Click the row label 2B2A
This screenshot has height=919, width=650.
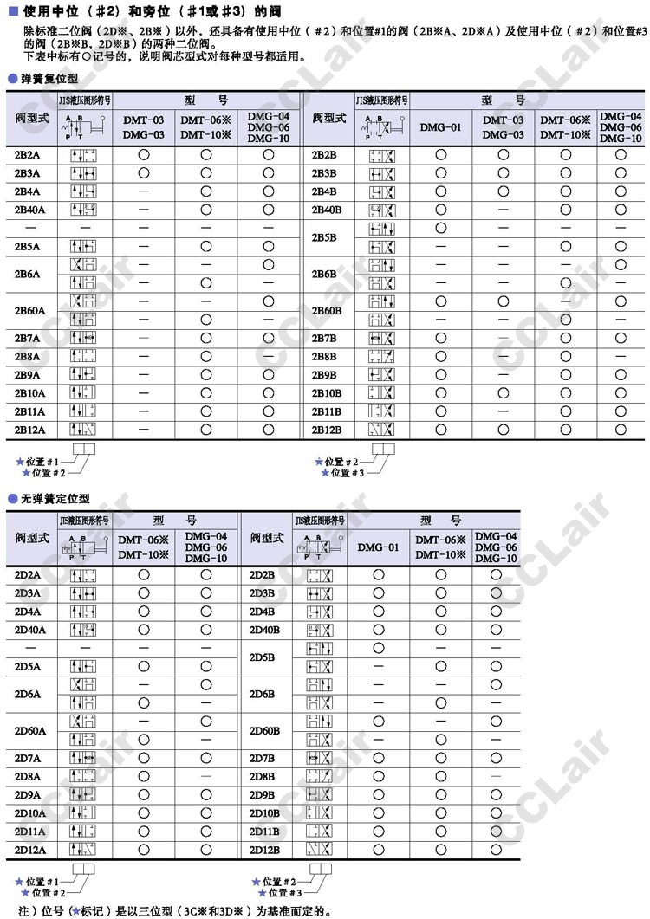tap(28, 154)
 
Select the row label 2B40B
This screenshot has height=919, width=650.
tap(327, 210)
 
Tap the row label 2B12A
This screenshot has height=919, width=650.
tap(29, 430)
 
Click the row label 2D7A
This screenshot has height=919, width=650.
tap(28, 758)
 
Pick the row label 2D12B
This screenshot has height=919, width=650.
tap(264, 850)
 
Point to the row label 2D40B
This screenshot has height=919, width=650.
tap(264, 630)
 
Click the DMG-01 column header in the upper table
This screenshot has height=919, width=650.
tap(440, 127)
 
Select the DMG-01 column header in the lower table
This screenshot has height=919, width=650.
tap(378, 547)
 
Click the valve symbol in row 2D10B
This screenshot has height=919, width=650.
tap(320, 813)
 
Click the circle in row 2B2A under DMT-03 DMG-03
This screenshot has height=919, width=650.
tap(143, 154)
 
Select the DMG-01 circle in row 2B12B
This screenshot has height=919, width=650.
tap(440, 430)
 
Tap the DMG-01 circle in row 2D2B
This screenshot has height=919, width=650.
tap(378, 574)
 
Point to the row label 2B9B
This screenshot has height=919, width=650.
tap(325, 375)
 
